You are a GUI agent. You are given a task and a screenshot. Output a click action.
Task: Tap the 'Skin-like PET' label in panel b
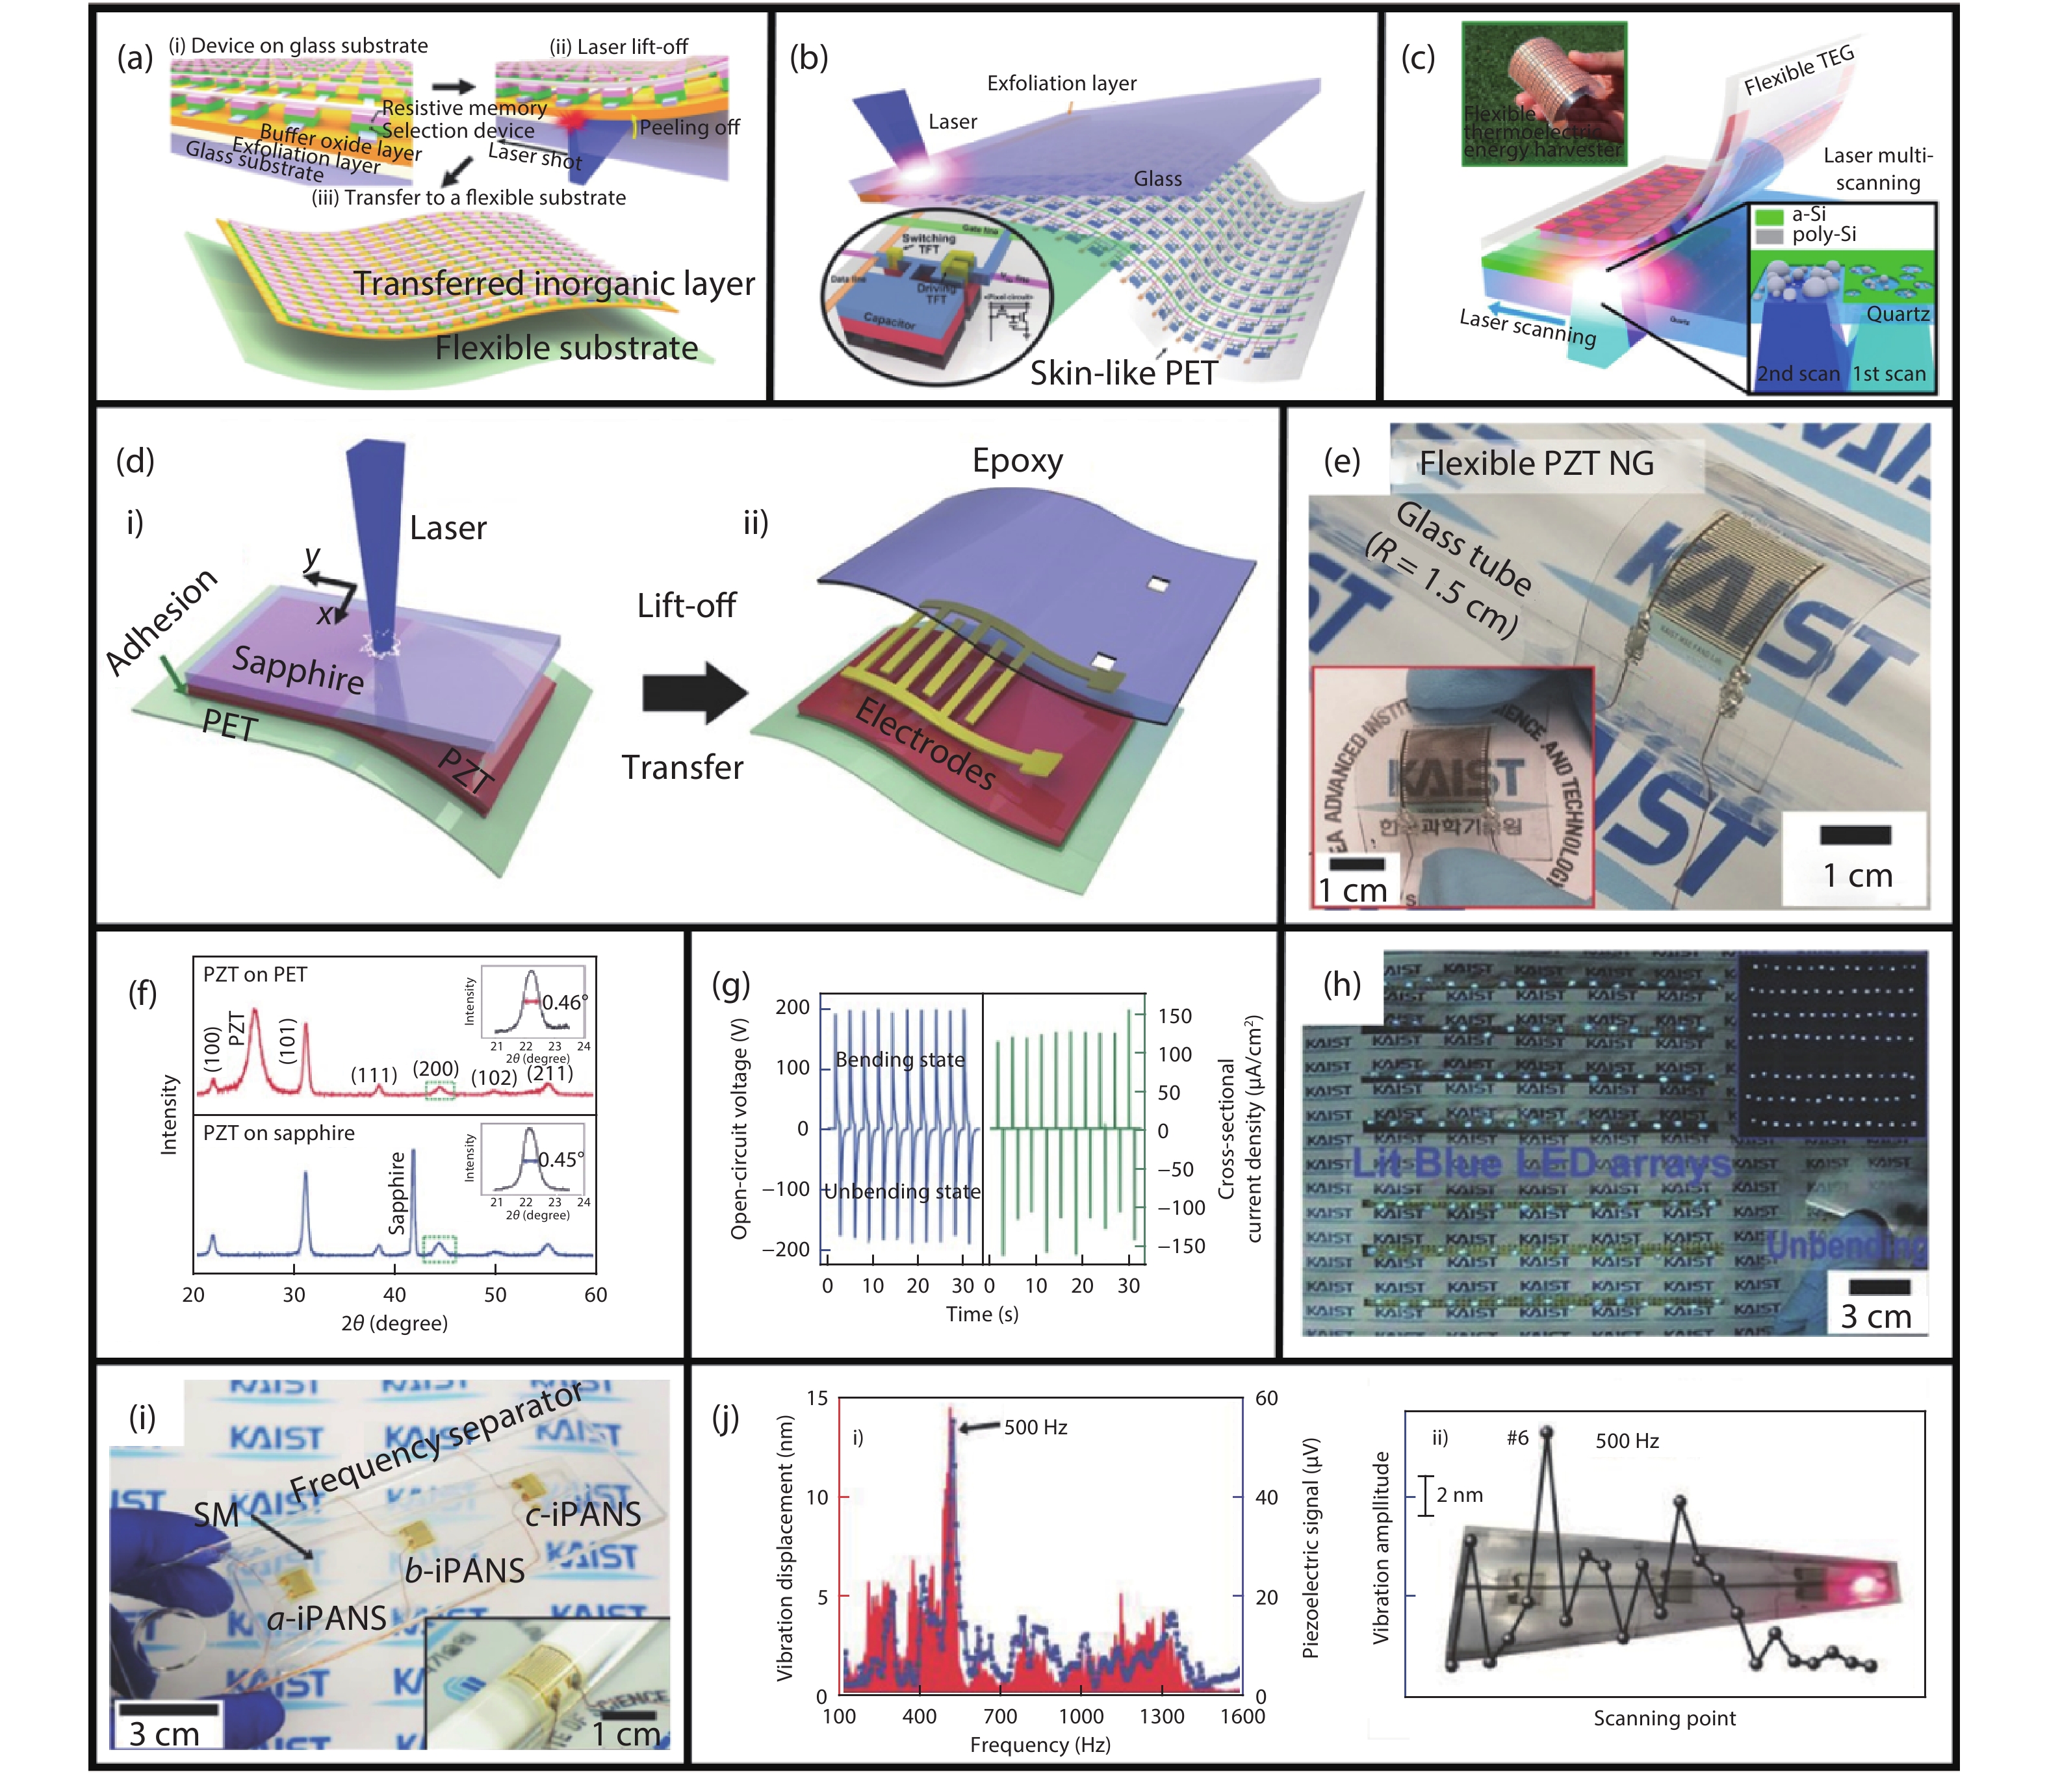click(1122, 373)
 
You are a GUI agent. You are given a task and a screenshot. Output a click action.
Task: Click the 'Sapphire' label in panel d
click(298, 669)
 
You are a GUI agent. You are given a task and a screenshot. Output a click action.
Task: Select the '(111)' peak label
click(374, 1075)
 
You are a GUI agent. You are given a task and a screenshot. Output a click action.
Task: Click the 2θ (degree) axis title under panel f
click(394, 1323)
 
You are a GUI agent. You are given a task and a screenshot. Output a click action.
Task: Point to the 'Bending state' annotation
click(899, 1059)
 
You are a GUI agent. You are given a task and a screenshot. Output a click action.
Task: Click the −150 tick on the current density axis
click(1181, 1246)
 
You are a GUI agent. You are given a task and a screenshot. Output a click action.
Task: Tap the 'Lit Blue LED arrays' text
click(1541, 1163)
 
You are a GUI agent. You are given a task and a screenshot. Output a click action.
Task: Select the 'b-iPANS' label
click(464, 1571)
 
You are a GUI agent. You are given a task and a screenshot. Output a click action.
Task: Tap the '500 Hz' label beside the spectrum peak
click(1035, 1427)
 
